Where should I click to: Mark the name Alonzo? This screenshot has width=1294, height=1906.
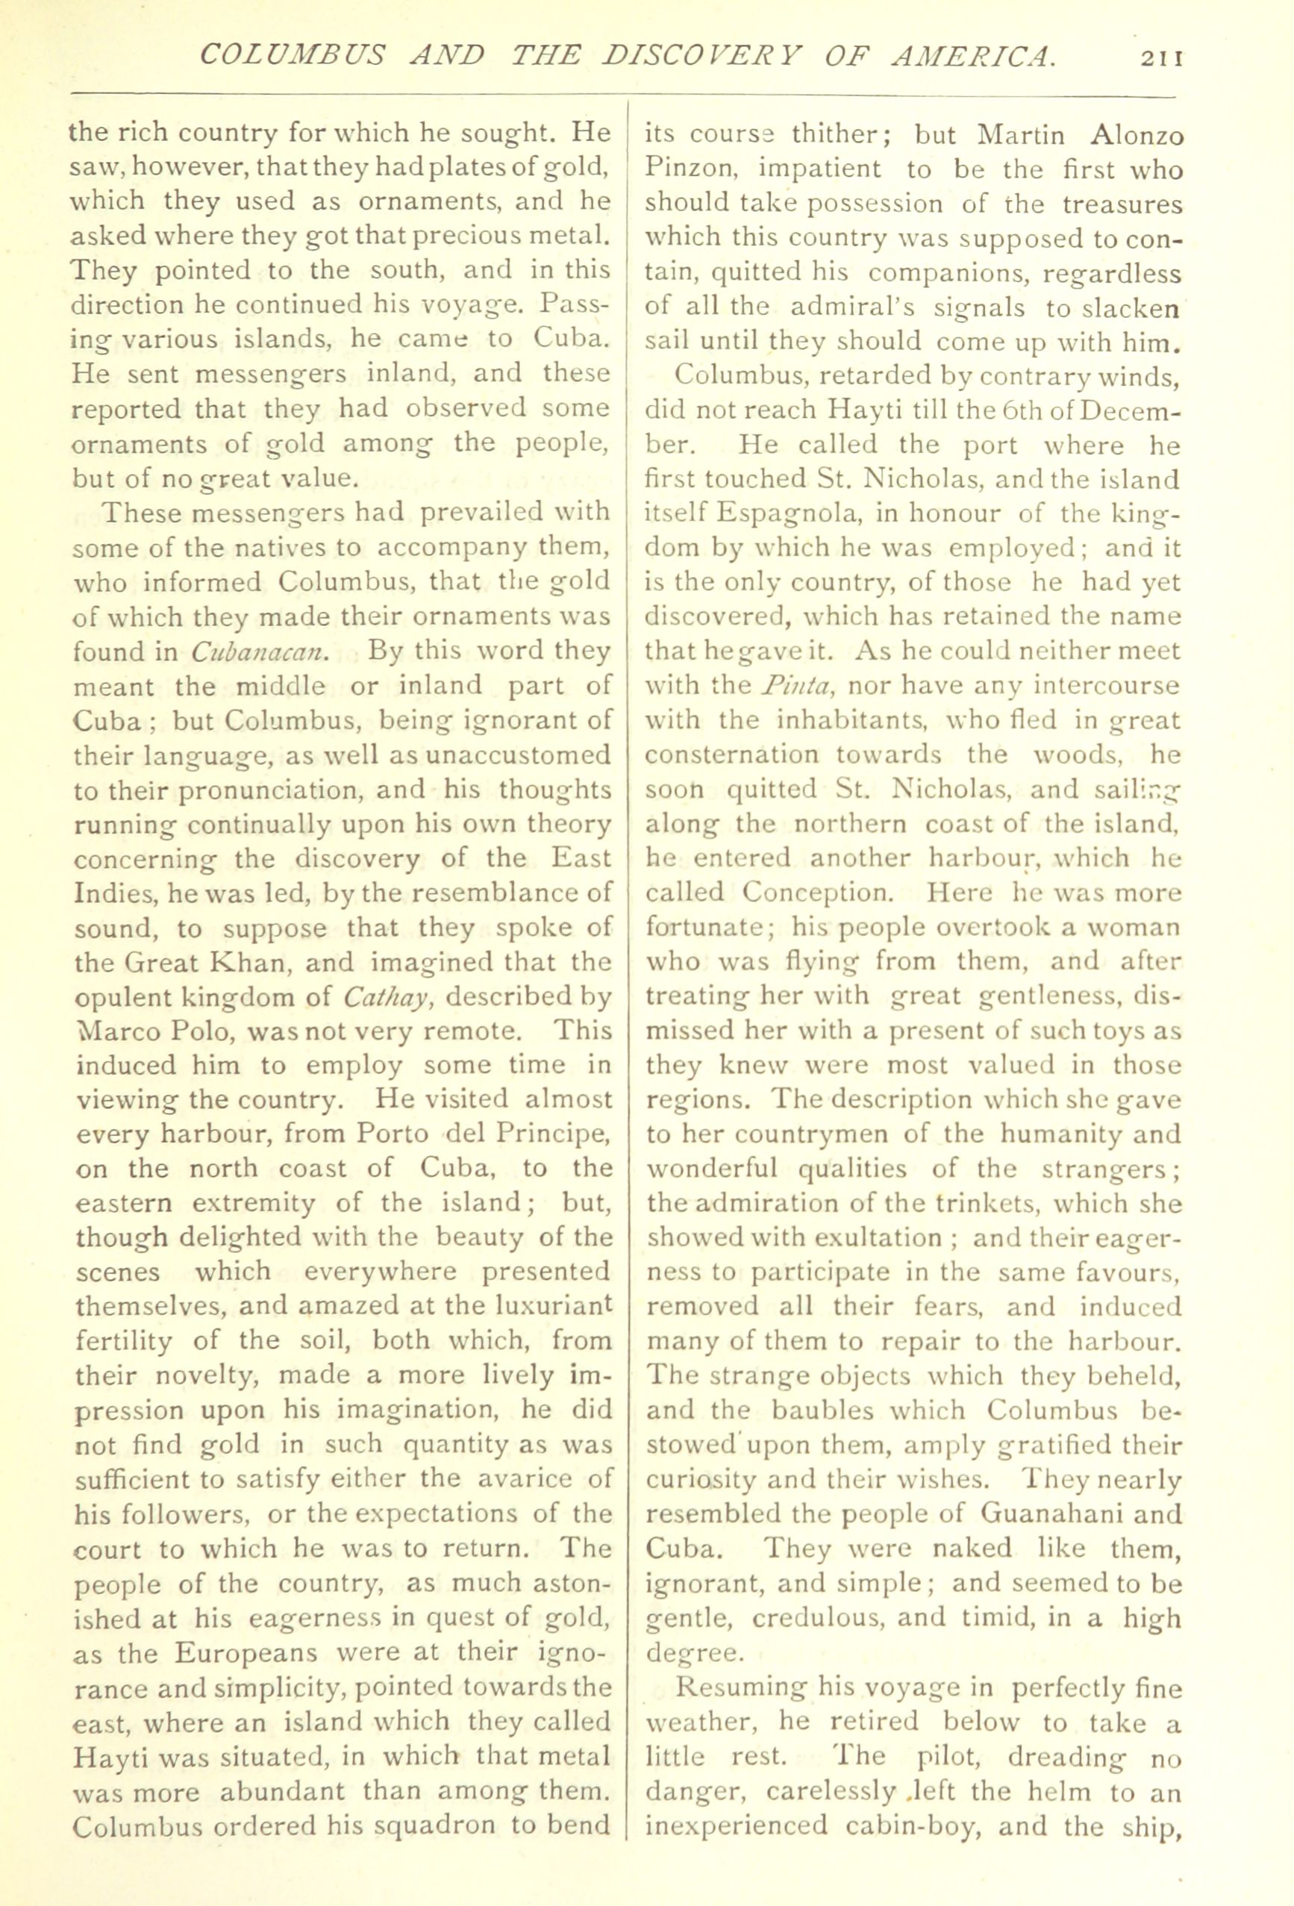[x=1131, y=134]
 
